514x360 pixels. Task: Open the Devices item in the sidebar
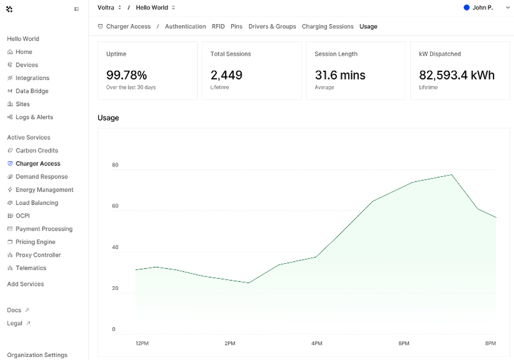tap(27, 65)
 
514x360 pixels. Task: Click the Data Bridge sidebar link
tap(32, 91)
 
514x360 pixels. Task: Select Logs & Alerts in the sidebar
tap(34, 117)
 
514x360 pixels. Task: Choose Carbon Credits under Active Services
tap(36, 150)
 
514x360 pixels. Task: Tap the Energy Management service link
tap(44, 190)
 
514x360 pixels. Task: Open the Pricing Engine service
tap(35, 242)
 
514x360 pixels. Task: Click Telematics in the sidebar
tap(31, 268)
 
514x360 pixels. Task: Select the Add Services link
tap(26, 284)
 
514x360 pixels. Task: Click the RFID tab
tap(218, 27)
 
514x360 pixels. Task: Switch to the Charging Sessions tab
tap(328, 27)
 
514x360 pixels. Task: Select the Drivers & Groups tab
tap(272, 27)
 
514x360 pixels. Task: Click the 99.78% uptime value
tap(126, 75)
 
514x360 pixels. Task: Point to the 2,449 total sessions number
tap(227, 75)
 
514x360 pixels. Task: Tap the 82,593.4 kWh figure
tap(456, 75)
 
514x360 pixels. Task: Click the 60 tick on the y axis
tap(115, 206)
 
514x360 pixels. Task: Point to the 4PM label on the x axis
tap(317, 343)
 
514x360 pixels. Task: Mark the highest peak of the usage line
tap(451, 175)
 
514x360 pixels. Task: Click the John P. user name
tap(483, 8)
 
